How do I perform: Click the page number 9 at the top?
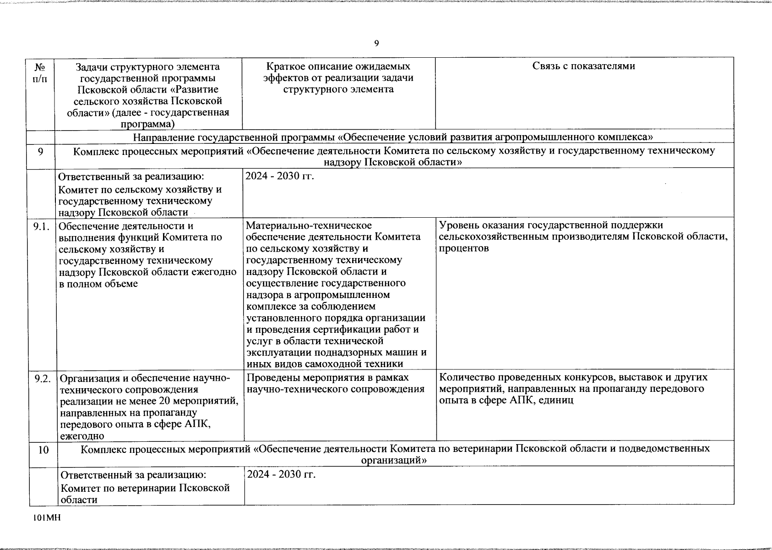376,44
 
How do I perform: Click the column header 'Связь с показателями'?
584,66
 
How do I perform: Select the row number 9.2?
42,379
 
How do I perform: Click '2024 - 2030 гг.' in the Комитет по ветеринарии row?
281,474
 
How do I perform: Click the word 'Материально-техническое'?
308,225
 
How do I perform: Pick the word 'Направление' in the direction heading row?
160,137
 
